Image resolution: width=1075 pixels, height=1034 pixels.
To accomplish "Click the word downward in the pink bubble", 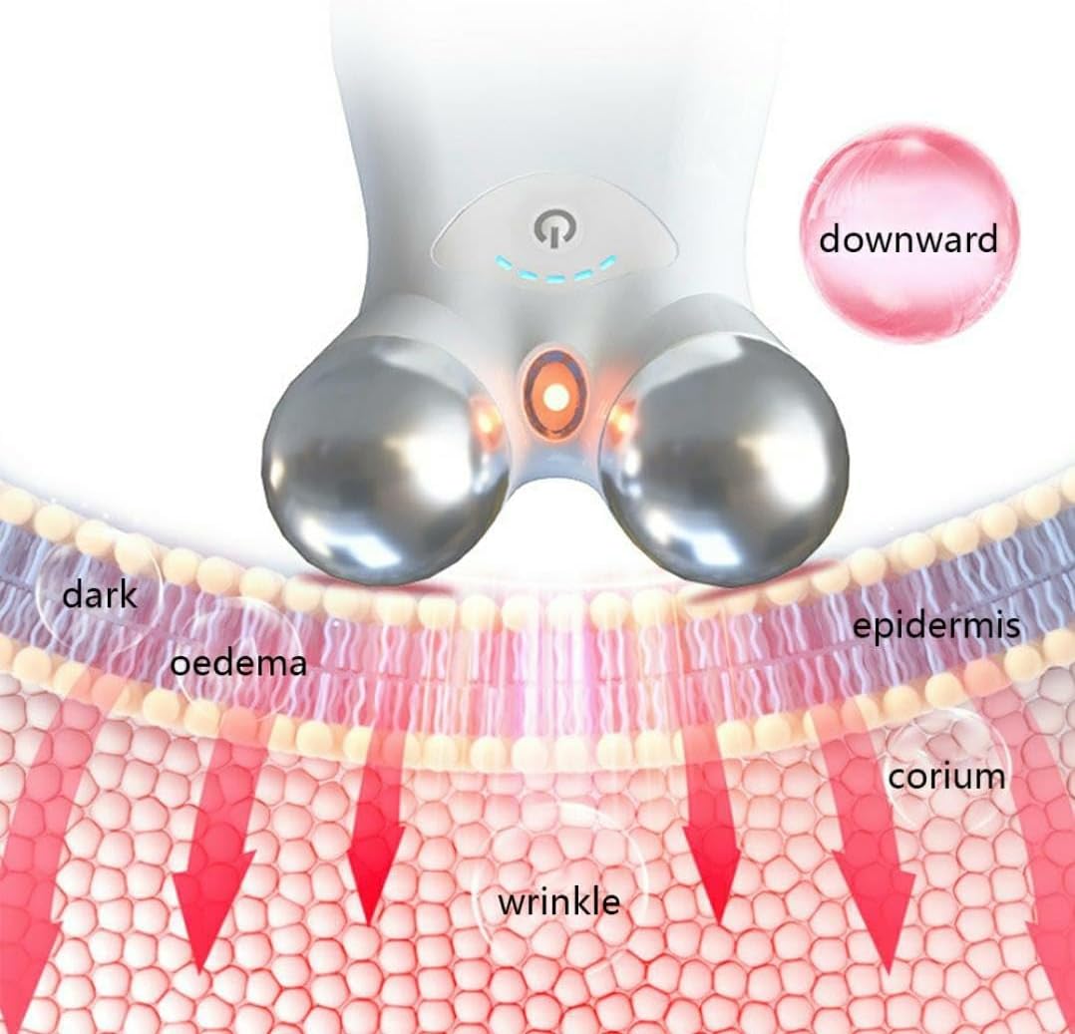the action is [907, 239].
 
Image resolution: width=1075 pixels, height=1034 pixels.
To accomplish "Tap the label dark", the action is [99, 595].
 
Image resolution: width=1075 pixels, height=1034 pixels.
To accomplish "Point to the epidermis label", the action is [935, 626].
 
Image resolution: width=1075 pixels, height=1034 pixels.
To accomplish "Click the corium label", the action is [946, 775].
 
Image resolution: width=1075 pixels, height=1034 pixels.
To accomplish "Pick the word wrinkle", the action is [558, 901].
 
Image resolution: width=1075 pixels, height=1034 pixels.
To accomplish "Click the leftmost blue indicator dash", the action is [504, 263].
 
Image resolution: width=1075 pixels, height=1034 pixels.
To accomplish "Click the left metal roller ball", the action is [384, 459].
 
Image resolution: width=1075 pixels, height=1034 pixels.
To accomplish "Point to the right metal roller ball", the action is [723, 459].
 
